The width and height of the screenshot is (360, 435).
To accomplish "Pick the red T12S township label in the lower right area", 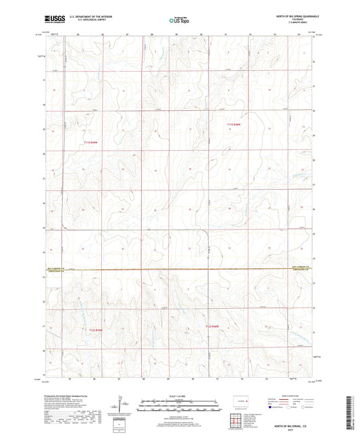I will (x=214, y=327).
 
